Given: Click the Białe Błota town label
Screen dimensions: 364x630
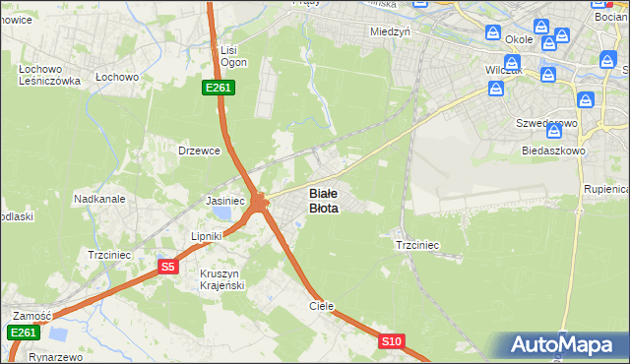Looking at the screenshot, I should click(324, 201).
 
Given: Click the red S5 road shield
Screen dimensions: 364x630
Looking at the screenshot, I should click(168, 267).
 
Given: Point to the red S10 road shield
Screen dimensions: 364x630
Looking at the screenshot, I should click(392, 341).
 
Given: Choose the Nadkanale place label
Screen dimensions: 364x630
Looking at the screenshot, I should click(98, 198).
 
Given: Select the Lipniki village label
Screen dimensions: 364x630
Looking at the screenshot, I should click(209, 237).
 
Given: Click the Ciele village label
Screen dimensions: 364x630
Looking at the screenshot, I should click(322, 306).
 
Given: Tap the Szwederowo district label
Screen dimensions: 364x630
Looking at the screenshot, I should click(546, 124).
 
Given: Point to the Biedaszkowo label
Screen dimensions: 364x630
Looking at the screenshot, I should click(554, 152).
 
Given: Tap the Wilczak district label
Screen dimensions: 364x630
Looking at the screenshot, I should click(504, 72).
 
